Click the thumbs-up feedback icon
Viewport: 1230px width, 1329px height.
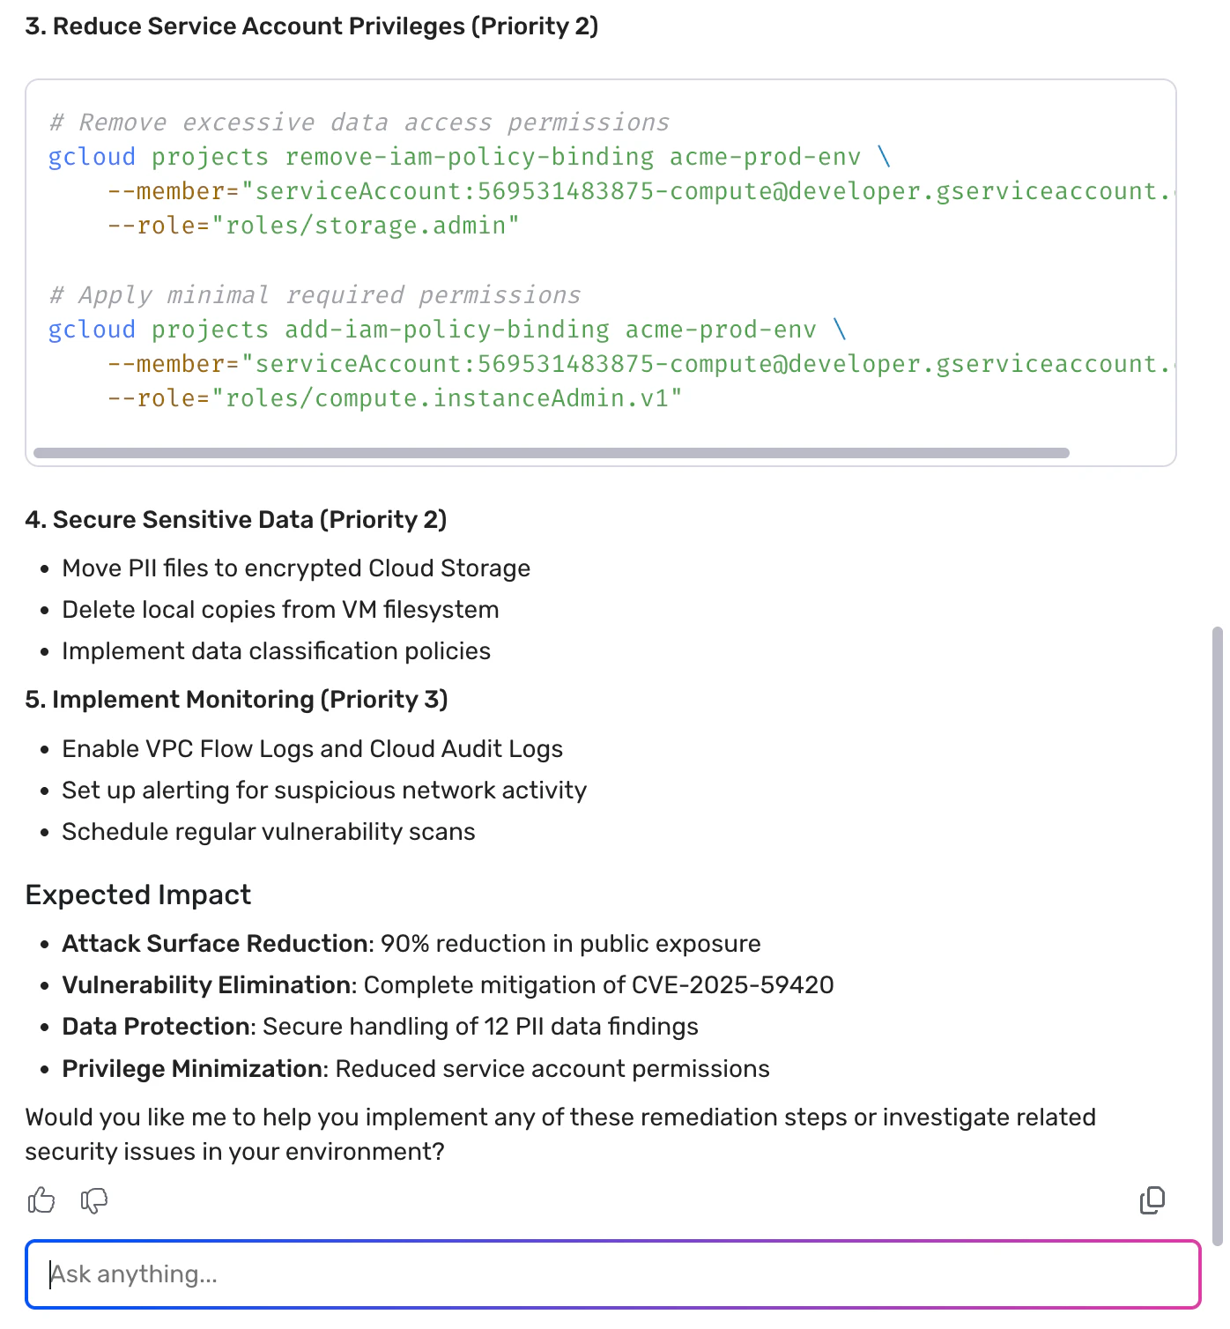[x=41, y=1200]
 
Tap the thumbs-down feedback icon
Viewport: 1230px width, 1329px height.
[x=94, y=1200]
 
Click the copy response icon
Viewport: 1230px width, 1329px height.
[x=1152, y=1200]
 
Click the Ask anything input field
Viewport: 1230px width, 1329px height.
[x=613, y=1274]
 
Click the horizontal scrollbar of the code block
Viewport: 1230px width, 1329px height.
[x=552, y=453]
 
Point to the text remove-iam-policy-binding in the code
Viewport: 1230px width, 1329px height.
[x=469, y=157]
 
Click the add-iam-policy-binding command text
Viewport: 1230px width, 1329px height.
[x=447, y=330]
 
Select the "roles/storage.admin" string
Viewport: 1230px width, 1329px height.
[x=366, y=226]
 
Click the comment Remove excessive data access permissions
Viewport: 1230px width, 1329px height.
[x=359, y=123]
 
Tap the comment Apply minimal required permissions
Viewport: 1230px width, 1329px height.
[x=315, y=295]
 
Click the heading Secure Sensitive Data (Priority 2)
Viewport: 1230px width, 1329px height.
[x=236, y=520]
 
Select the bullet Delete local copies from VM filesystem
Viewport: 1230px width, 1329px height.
[x=280, y=610]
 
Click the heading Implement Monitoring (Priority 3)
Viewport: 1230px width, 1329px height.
[x=236, y=700]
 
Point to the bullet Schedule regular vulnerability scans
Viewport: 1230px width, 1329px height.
[x=268, y=832]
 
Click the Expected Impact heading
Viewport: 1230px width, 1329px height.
[x=138, y=895]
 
